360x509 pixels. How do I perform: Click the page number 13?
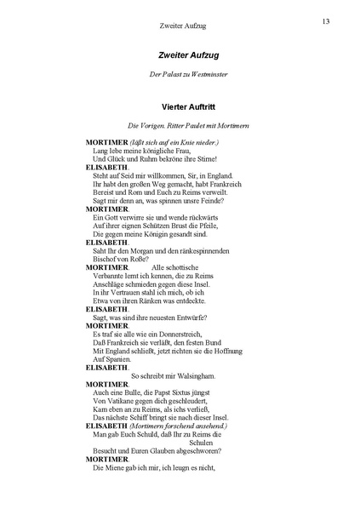coord(326,20)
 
